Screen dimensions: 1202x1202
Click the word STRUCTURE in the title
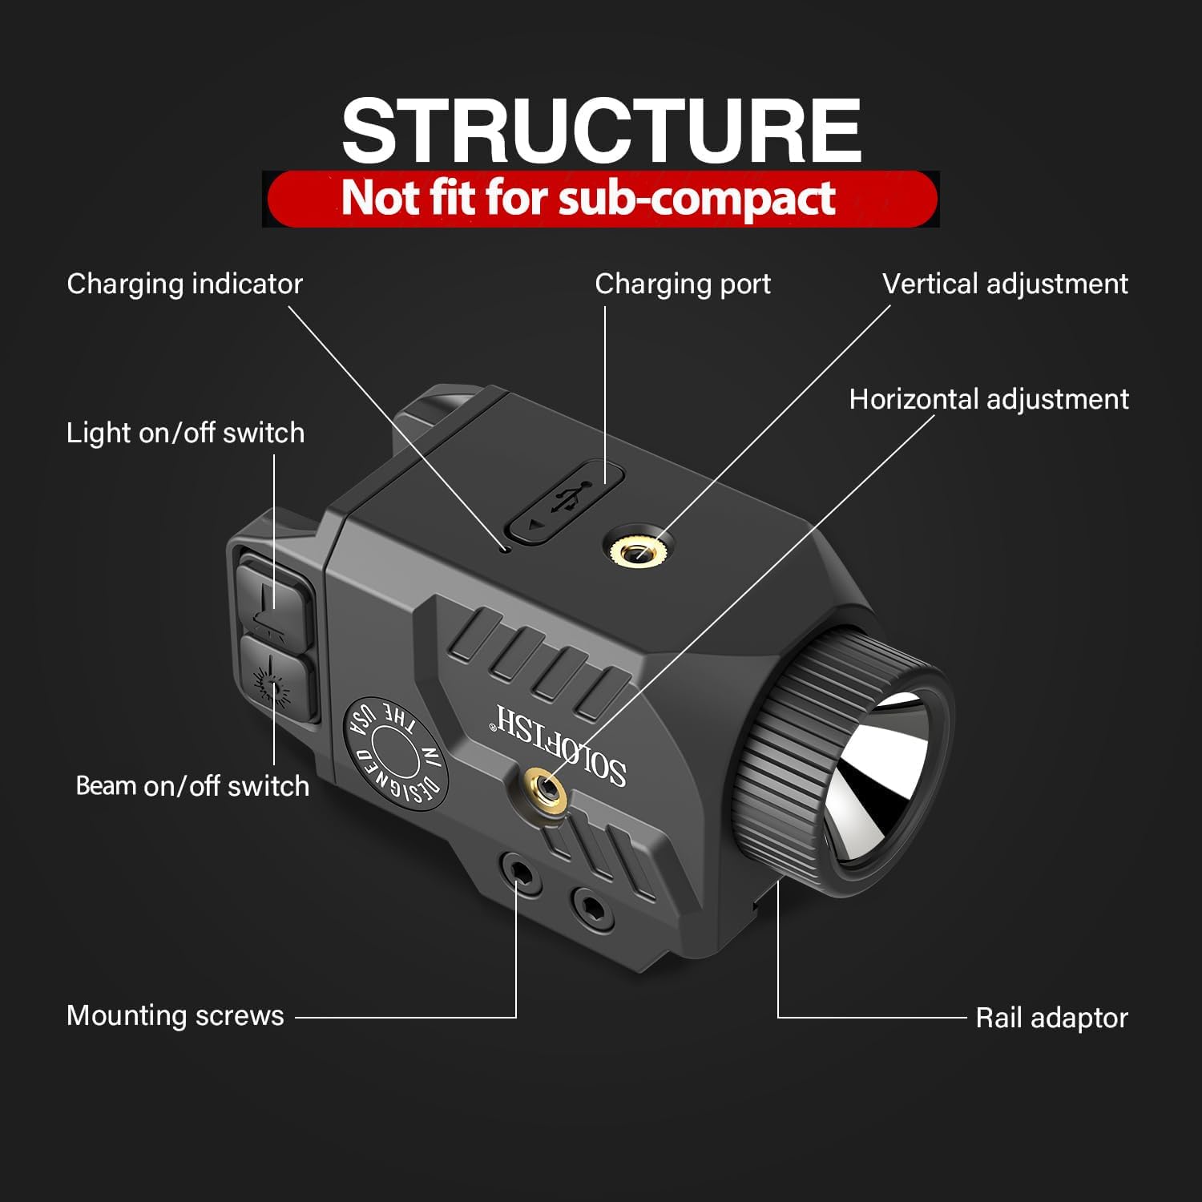click(601, 130)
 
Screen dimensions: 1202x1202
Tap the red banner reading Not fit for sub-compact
click(601, 198)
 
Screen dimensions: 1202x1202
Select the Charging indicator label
click(184, 284)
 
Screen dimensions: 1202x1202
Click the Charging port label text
click(683, 284)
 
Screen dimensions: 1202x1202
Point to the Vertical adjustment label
click(1005, 284)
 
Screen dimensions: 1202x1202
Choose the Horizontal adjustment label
click(989, 399)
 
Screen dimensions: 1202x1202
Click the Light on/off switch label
click(185, 433)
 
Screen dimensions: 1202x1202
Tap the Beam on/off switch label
click(192, 785)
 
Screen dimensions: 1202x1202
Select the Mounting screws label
click(175, 1015)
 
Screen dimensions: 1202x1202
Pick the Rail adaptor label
click(1051, 1018)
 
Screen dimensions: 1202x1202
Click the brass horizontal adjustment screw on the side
click(547, 789)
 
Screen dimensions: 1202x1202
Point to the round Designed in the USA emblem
click(396, 748)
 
